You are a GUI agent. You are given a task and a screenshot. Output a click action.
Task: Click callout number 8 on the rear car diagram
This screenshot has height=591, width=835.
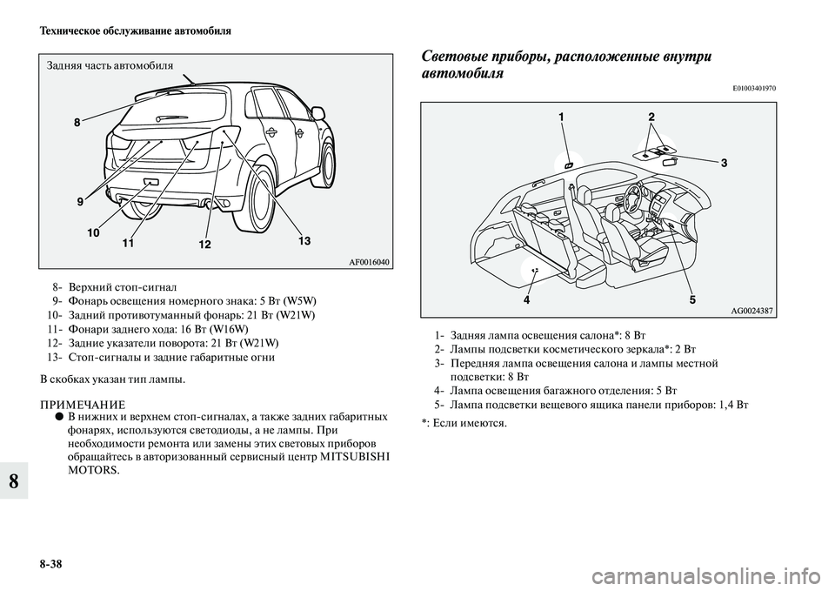click(77, 123)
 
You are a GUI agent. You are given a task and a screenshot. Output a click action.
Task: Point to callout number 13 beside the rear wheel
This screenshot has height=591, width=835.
click(304, 241)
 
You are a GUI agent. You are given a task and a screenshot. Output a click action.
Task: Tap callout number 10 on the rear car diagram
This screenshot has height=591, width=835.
click(93, 233)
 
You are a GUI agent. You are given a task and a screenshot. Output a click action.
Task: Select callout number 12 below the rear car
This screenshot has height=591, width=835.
click(204, 245)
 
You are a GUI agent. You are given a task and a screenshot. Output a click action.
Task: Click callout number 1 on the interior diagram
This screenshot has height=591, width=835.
click(561, 116)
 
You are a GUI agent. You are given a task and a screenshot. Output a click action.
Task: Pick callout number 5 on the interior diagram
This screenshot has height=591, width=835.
click(692, 299)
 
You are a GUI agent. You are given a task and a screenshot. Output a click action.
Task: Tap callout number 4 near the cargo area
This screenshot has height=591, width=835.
click(526, 299)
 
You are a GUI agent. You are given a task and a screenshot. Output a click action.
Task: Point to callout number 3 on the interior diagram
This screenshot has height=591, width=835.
click(725, 163)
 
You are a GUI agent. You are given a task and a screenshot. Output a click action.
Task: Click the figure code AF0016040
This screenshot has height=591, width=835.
click(369, 262)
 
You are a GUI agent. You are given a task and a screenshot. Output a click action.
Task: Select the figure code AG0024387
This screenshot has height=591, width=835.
click(751, 310)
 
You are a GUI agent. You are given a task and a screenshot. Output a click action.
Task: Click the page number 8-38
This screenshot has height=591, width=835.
click(51, 563)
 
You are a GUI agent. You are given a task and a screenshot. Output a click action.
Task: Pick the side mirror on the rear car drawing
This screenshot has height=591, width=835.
click(317, 113)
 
